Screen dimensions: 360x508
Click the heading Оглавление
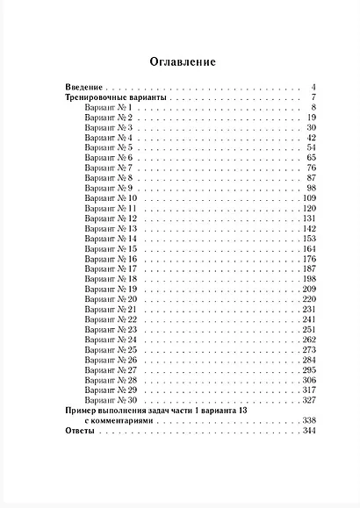tap(179, 62)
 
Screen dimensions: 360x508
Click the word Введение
tap(84, 89)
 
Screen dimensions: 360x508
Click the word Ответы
tap(80, 431)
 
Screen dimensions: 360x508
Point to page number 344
tap(307, 431)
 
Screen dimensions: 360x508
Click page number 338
tap(307, 420)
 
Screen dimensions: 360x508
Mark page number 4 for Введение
tap(313, 89)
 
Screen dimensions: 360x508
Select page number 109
tap(307, 198)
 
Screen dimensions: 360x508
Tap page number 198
tap(307, 278)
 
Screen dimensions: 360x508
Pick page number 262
tap(307, 339)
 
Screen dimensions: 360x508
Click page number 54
tap(310, 148)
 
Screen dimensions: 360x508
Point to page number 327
tap(307, 399)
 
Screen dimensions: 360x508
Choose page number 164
tap(307, 248)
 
